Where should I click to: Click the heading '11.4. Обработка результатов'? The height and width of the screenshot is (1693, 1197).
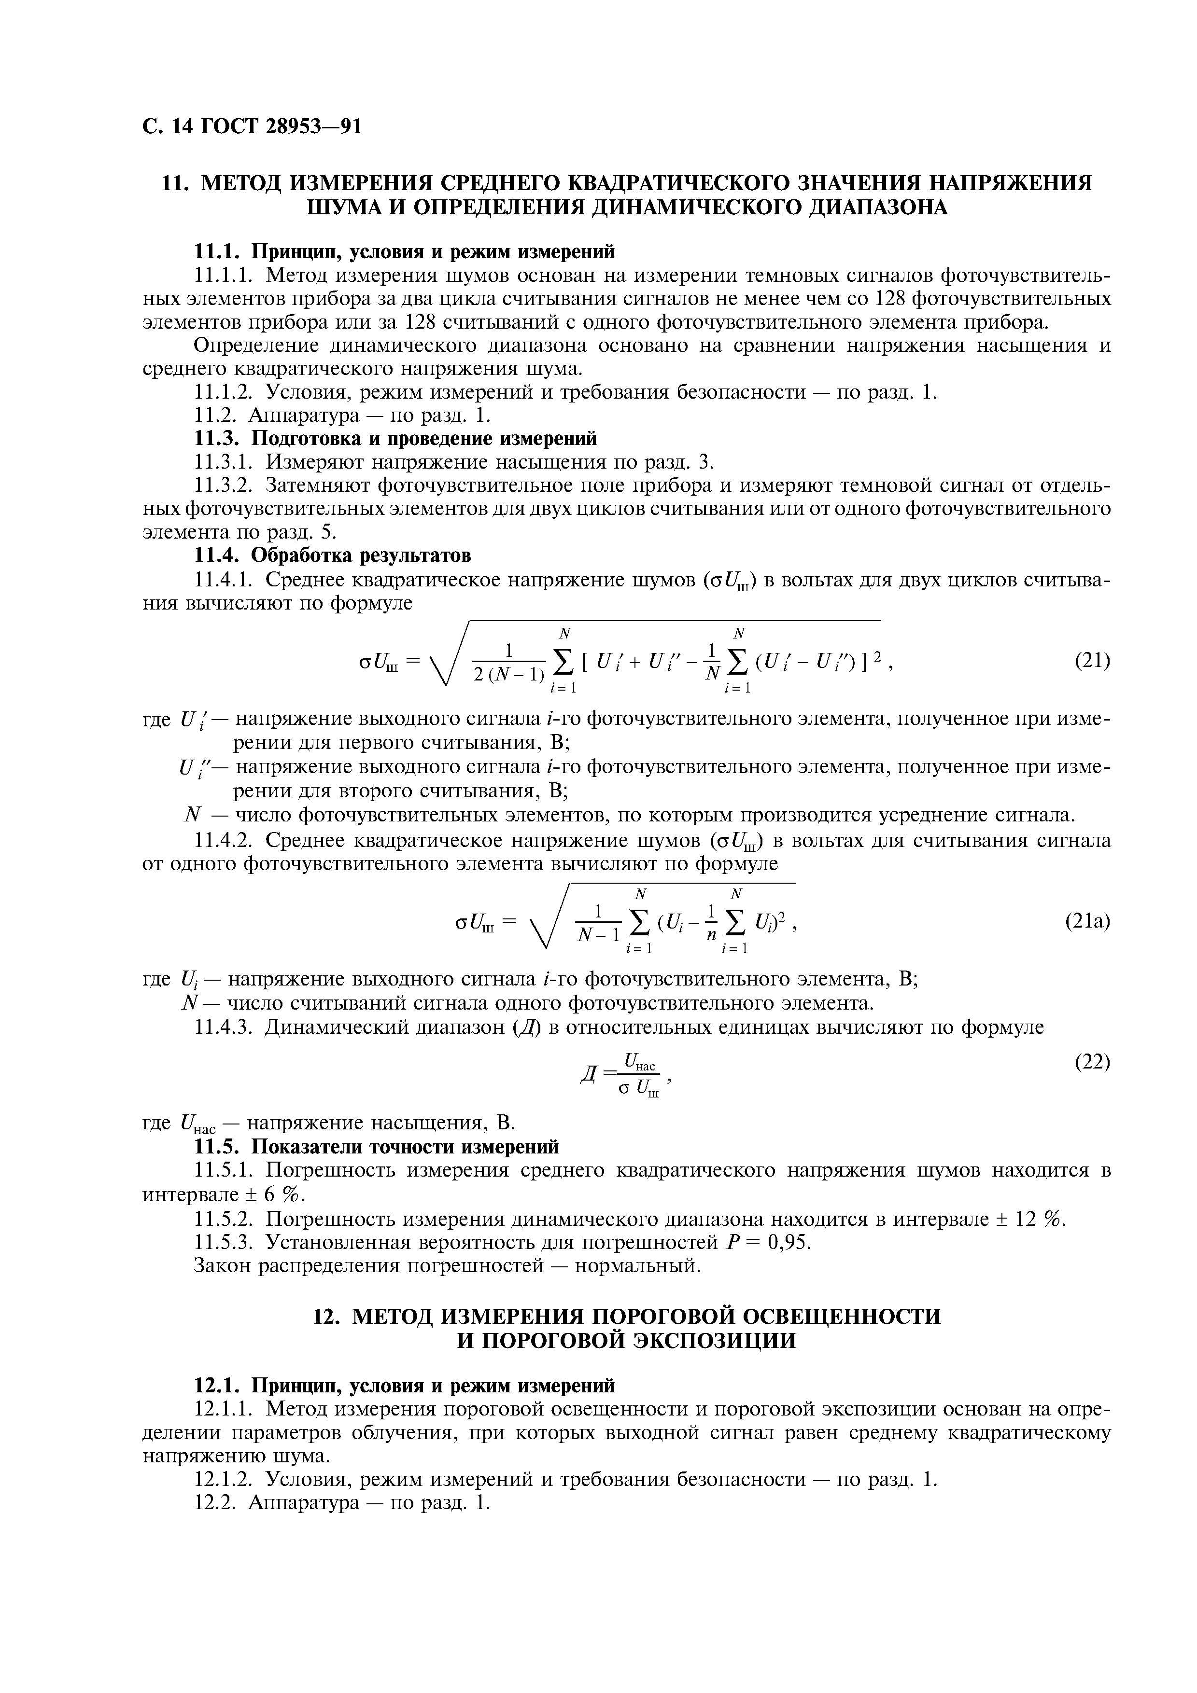point(331,555)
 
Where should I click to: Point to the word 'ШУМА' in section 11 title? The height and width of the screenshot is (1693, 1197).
point(347,208)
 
